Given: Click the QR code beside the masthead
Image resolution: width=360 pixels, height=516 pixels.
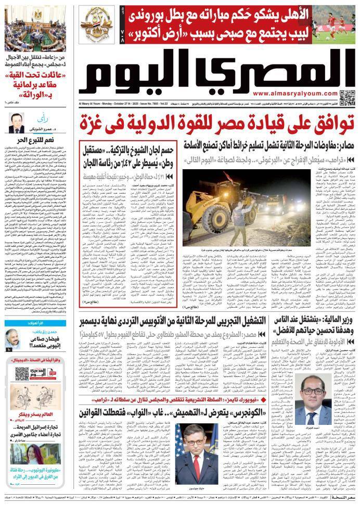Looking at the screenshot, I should (347, 97).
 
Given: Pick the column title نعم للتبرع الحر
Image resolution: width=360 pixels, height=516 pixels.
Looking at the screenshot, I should (36, 140).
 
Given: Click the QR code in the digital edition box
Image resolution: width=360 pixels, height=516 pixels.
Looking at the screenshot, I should (21, 373).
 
